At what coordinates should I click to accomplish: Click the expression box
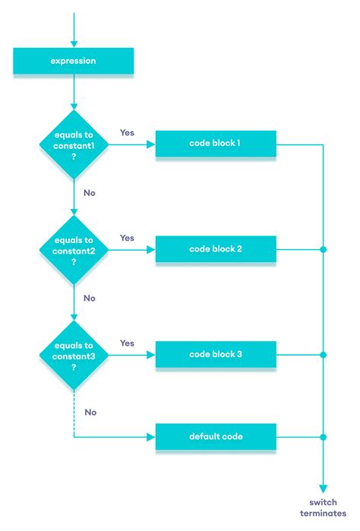click(x=74, y=60)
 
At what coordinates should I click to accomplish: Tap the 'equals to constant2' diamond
click(x=74, y=248)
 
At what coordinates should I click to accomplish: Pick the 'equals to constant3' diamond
click(x=74, y=354)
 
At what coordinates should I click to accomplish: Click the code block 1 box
click(x=215, y=144)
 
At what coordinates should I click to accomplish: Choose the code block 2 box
click(x=215, y=249)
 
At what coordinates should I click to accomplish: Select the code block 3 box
click(x=215, y=355)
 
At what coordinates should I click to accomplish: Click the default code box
click(x=215, y=437)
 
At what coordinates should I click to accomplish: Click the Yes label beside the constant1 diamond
click(x=128, y=132)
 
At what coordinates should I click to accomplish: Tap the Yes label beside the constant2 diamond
click(x=128, y=238)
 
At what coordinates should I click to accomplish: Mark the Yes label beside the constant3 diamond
click(x=128, y=343)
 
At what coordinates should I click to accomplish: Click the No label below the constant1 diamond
click(x=90, y=193)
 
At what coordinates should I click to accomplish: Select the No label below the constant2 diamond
click(x=90, y=299)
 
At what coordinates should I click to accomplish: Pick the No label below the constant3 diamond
click(x=90, y=412)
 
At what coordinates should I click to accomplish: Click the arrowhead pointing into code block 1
click(x=151, y=144)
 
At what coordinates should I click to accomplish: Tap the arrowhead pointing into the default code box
click(x=151, y=438)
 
